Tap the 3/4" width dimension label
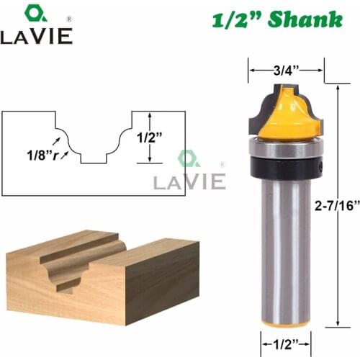285,70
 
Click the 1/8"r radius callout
36,152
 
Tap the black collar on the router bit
286,165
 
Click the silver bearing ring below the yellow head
286,147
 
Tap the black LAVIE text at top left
36,36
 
